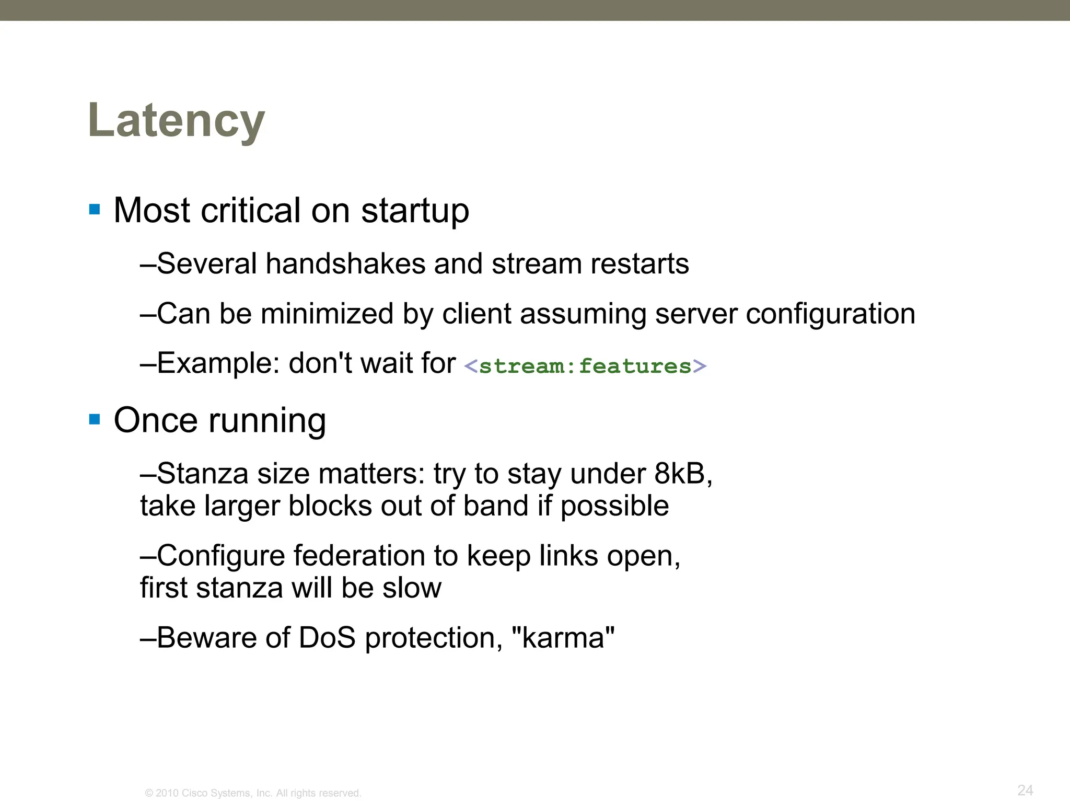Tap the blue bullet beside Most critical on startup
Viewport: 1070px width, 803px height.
click(95, 210)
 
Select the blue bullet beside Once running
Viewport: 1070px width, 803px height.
click(95, 419)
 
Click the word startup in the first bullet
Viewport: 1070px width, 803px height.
click(415, 211)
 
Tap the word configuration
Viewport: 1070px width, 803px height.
click(830, 314)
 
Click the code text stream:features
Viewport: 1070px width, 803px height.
click(585, 366)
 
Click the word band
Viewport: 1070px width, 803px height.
click(496, 506)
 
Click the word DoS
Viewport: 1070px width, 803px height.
click(327, 638)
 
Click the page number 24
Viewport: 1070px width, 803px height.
click(1025, 790)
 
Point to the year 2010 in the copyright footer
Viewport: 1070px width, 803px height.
click(167, 793)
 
